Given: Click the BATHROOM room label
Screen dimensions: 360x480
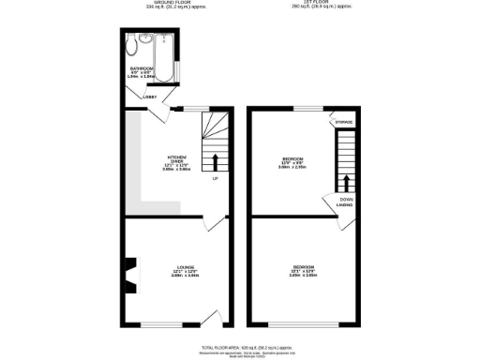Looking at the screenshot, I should [142, 68].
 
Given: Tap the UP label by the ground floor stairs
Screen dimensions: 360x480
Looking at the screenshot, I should [215, 178].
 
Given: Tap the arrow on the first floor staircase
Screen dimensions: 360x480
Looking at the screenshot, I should [347, 182].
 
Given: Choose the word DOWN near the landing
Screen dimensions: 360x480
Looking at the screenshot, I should [345, 199].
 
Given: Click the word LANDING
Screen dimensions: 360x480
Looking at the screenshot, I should [345, 204].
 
